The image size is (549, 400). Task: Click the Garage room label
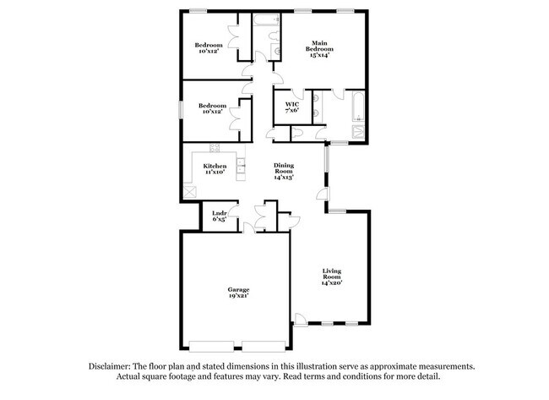click(x=237, y=288)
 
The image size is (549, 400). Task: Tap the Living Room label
click(x=331, y=274)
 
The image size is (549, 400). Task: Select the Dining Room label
click(x=283, y=167)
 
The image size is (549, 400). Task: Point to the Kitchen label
click(x=215, y=166)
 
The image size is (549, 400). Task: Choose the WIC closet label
click(x=292, y=104)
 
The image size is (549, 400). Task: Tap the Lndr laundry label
click(x=218, y=213)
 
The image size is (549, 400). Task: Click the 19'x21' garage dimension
click(x=237, y=297)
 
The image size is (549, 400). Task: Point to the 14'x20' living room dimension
click(x=331, y=284)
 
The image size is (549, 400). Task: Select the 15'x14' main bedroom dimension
click(x=318, y=56)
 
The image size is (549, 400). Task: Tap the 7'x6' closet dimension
click(x=292, y=112)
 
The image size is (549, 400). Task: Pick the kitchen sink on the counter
click(x=240, y=165)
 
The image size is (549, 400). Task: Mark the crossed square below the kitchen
click(x=190, y=192)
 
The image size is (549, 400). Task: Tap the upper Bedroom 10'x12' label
click(x=209, y=48)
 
